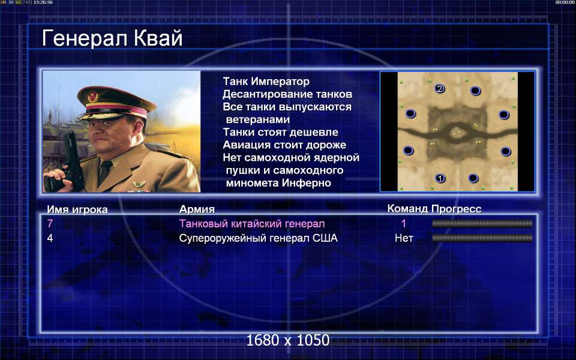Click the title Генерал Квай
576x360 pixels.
pyautogui.click(x=112, y=38)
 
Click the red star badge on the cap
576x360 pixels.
pyautogui.click(x=92, y=96)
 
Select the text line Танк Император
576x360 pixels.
pyautogui.click(x=266, y=81)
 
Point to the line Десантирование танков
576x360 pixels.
pyautogui.click(x=287, y=94)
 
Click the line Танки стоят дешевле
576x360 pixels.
pyautogui.click(x=280, y=132)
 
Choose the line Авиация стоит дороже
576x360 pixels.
pyautogui.click(x=284, y=145)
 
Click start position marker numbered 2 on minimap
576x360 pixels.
pyautogui.click(x=439, y=89)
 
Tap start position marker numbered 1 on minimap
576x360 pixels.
pyautogui.click(x=440, y=179)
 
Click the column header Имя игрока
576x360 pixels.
pyautogui.click(x=77, y=209)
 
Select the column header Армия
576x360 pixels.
pyautogui.click(x=197, y=209)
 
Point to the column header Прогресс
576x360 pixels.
pyautogui.click(x=456, y=209)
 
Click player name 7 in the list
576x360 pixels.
pyautogui.click(x=50, y=223)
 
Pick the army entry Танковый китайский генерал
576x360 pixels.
pyautogui.click(x=252, y=223)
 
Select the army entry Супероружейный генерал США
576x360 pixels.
pyautogui.click(x=258, y=238)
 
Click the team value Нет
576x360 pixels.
pyautogui.click(x=404, y=238)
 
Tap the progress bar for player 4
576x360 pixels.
pyautogui.click(x=482, y=238)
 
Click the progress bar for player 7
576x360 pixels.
pyautogui.click(x=482, y=223)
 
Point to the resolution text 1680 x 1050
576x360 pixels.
pyautogui.click(x=287, y=340)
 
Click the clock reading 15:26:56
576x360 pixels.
pyautogui.click(x=43, y=2)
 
